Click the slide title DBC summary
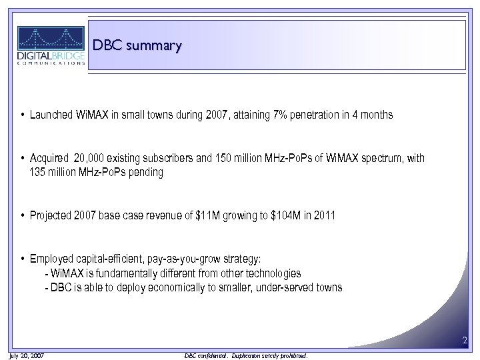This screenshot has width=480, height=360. (x=137, y=45)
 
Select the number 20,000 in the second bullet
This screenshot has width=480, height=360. (x=91, y=159)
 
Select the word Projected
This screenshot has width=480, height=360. (x=51, y=215)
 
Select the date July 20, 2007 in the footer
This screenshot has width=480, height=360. (x=27, y=356)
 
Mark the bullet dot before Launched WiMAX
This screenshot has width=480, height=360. (x=23, y=115)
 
